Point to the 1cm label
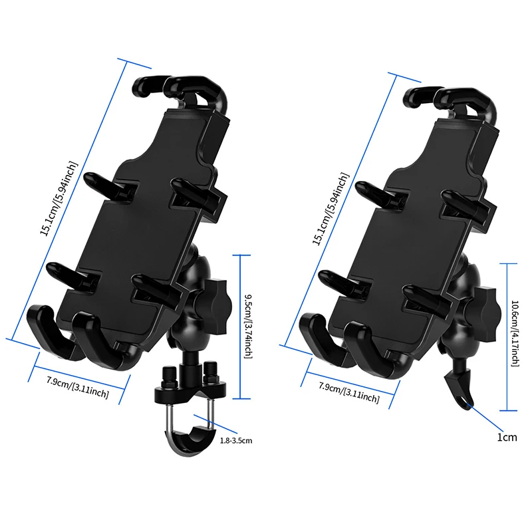[x=507, y=437]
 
